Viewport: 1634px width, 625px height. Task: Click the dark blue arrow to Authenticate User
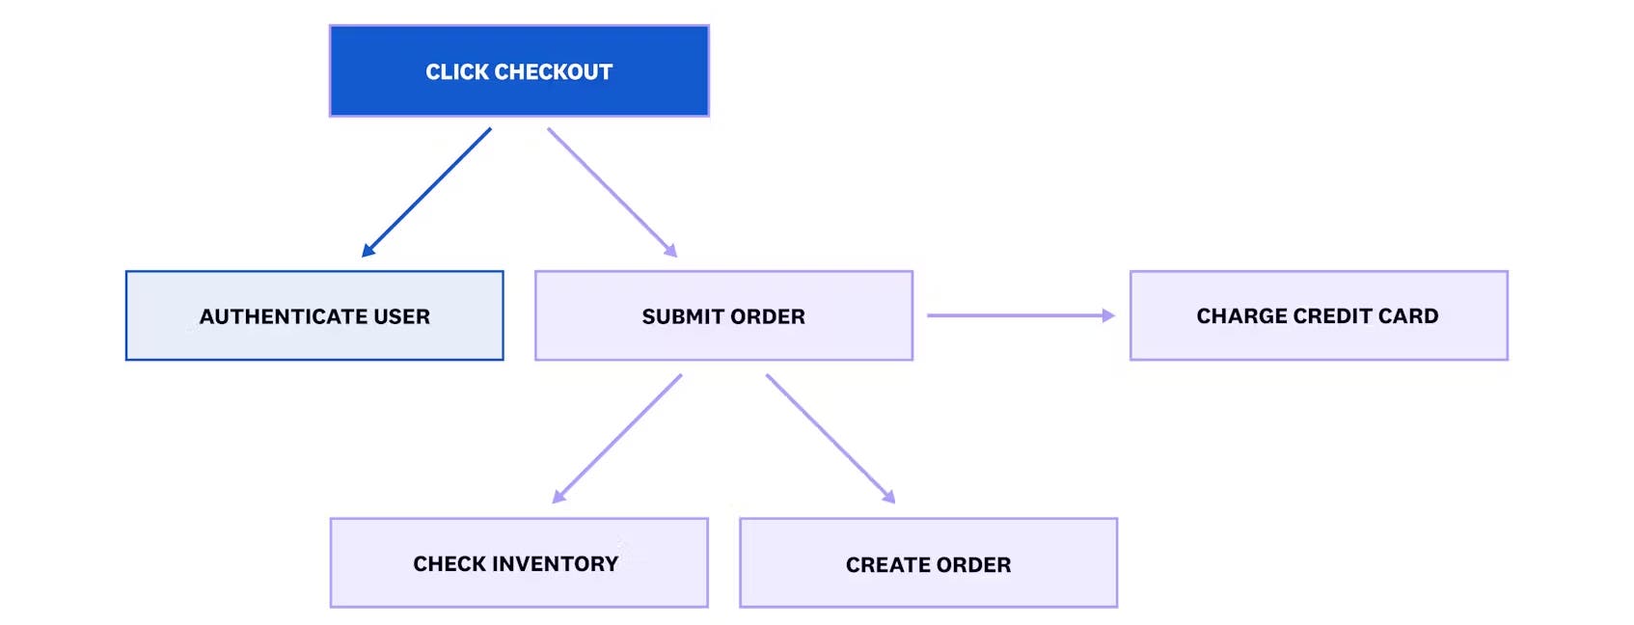coord(426,192)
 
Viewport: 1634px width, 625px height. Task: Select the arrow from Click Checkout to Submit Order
coord(612,192)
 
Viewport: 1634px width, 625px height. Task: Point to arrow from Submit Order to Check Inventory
coord(617,439)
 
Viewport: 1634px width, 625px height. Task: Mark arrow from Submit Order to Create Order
coord(830,439)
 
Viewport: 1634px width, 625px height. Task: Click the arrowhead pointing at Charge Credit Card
coord(1108,315)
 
